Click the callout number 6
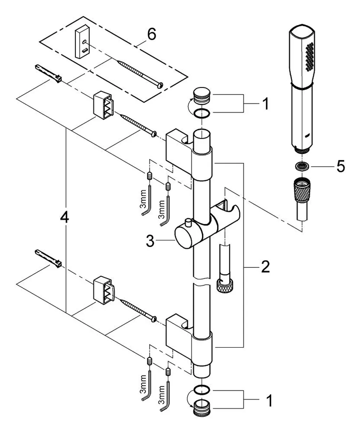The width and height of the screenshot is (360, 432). tap(152, 34)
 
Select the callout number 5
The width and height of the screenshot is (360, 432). tap(341, 166)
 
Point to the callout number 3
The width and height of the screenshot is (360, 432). tap(150, 241)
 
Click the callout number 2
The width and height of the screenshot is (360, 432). tap(265, 266)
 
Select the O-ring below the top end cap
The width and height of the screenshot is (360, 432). tap(202, 113)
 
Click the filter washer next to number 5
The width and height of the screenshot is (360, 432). tap(302, 166)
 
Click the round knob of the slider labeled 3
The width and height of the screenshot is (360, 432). tap(185, 237)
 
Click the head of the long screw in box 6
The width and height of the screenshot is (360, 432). tap(160, 85)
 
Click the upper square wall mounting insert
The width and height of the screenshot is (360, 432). tap(103, 105)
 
